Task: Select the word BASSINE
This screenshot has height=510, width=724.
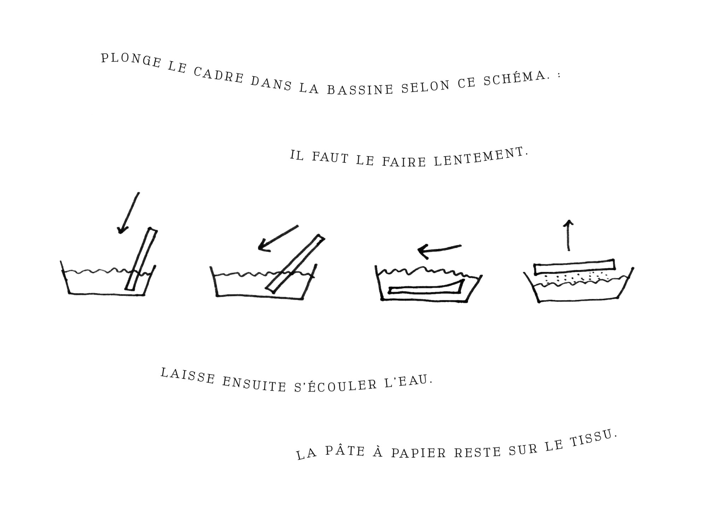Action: [x=360, y=89]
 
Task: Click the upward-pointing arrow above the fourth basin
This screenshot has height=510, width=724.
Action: [x=568, y=235]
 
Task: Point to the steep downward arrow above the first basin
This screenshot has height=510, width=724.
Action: [x=128, y=213]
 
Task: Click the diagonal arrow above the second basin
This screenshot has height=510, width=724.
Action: [x=278, y=238]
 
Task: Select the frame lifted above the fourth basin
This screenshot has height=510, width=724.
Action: [x=574, y=267]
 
